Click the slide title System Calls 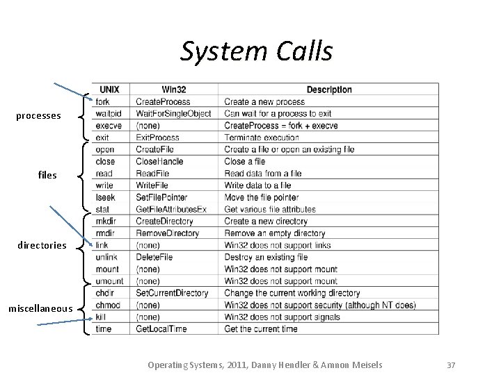pyautogui.click(x=256, y=51)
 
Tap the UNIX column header pyautogui.click(x=109, y=90)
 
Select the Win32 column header pyautogui.click(x=173, y=90)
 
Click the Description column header pyautogui.click(x=328, y=90)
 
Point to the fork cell pyautogui.click(x=102, y=102)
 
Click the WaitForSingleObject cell pyautogui.click(x=173, y=114)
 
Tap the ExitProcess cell pyautogui.click(x=158, y=137)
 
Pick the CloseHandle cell pyautogui.click(x=160, y=162)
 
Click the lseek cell pyautogui.click(x=105, y=197)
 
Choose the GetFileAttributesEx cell pyautogui.click(x=171, y=209)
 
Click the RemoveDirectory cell pyautogui.click(x=167, y=233)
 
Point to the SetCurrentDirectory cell pyautogui.click(x=172, y=293)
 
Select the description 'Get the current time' pyautogui.click(x=260, y=328)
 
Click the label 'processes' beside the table pyautogui.click(x=38, y=115)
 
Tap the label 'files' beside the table pyautogui.click(x=47, y=176)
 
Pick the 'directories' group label pyautogui.click(x=42, y=245)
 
